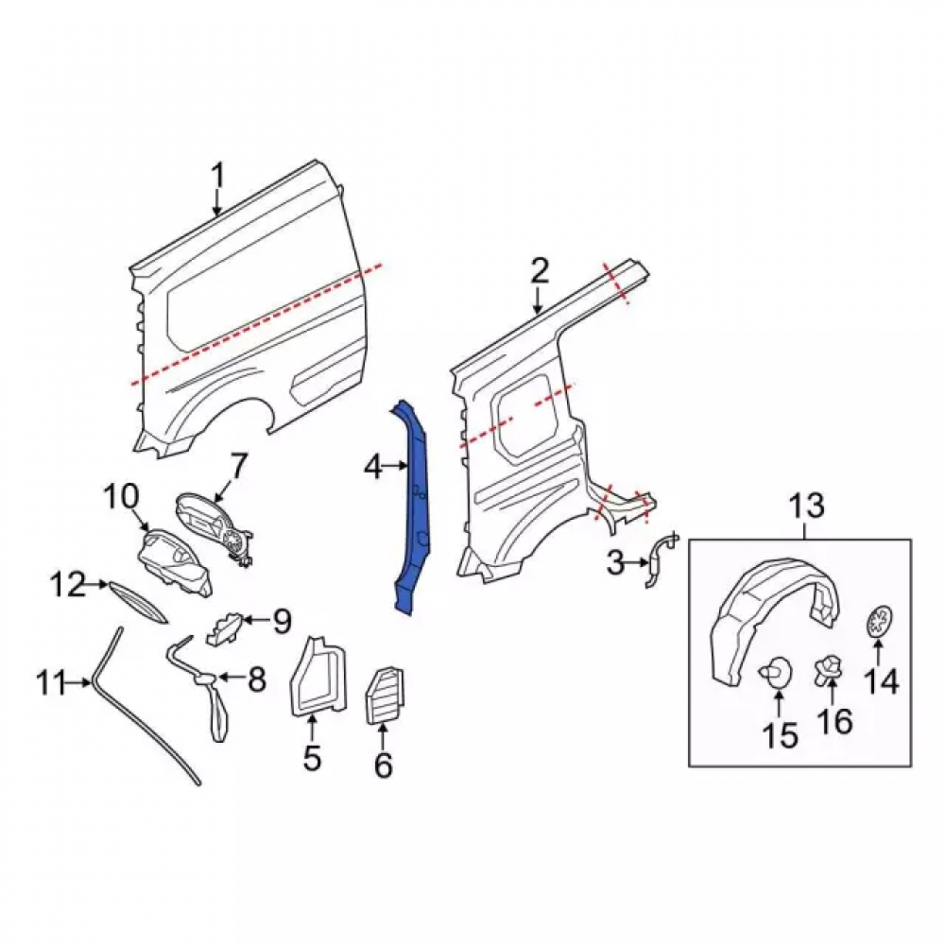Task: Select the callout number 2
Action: click(540, 271)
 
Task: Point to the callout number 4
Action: click(373, 467)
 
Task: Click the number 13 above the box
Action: click(807, 507)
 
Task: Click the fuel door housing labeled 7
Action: click(214, 528)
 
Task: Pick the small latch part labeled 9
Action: click(224, 628)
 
